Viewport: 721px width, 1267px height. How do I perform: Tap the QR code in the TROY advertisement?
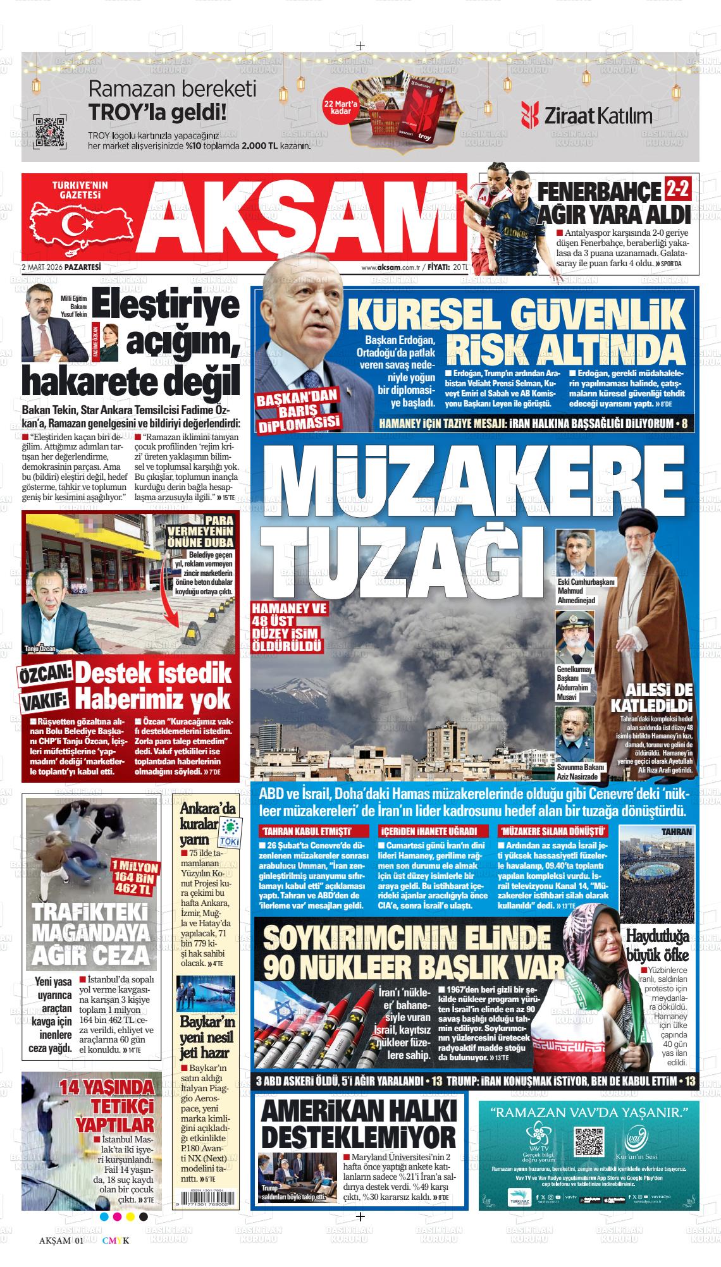[49, 132]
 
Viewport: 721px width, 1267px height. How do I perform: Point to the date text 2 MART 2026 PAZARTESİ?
[61, 267]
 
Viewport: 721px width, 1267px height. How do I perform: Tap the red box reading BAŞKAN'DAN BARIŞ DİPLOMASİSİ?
[298, 410]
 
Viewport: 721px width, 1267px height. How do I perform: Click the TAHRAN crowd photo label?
[675, 832]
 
